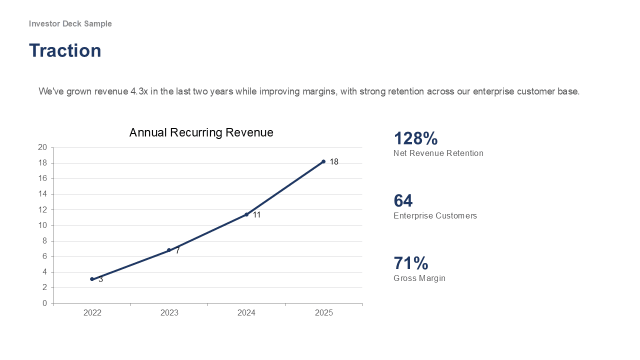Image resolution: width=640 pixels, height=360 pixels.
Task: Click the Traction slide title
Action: click(x=65, y=50)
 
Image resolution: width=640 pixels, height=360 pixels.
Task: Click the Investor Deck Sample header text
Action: click(x=70, y=23)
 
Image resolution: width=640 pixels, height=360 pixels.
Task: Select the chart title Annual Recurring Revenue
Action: click(x=201, y=132)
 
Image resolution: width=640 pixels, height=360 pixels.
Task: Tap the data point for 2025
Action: click(x=323, y=161)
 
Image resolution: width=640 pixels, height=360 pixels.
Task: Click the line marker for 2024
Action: click(x=246, y=214)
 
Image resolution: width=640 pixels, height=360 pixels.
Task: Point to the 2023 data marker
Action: click(x=169, y=250)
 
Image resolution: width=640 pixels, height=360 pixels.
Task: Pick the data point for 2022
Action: click(x=92, y=279)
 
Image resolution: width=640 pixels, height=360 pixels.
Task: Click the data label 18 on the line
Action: click(x=334, y=162)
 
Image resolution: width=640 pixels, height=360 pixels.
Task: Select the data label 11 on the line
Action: click(x=256, y=215)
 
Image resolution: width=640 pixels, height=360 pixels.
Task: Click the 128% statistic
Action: click(x=415, y=138)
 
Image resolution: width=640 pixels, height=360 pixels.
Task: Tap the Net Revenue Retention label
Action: click(x=438, y=153)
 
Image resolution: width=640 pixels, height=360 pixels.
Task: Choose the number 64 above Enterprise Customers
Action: click(x=403, y=200)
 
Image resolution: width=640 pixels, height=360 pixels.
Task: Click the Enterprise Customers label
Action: click(x=435, y=215)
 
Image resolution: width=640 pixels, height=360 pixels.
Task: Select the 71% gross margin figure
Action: click(x=411, y=263)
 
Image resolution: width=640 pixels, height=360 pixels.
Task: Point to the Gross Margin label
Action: click(x=419, y=278)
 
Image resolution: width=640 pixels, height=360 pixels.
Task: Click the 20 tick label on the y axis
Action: click(x=42, y=147)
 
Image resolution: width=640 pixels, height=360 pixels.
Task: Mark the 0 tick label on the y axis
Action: click(x=44, y=303)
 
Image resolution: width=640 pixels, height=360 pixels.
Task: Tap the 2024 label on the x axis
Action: click(x=246, y=313)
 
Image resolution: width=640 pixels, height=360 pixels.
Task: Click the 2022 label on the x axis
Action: click(x=92, y=313)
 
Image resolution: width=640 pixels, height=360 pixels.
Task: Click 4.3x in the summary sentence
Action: click(x=139, y=91)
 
